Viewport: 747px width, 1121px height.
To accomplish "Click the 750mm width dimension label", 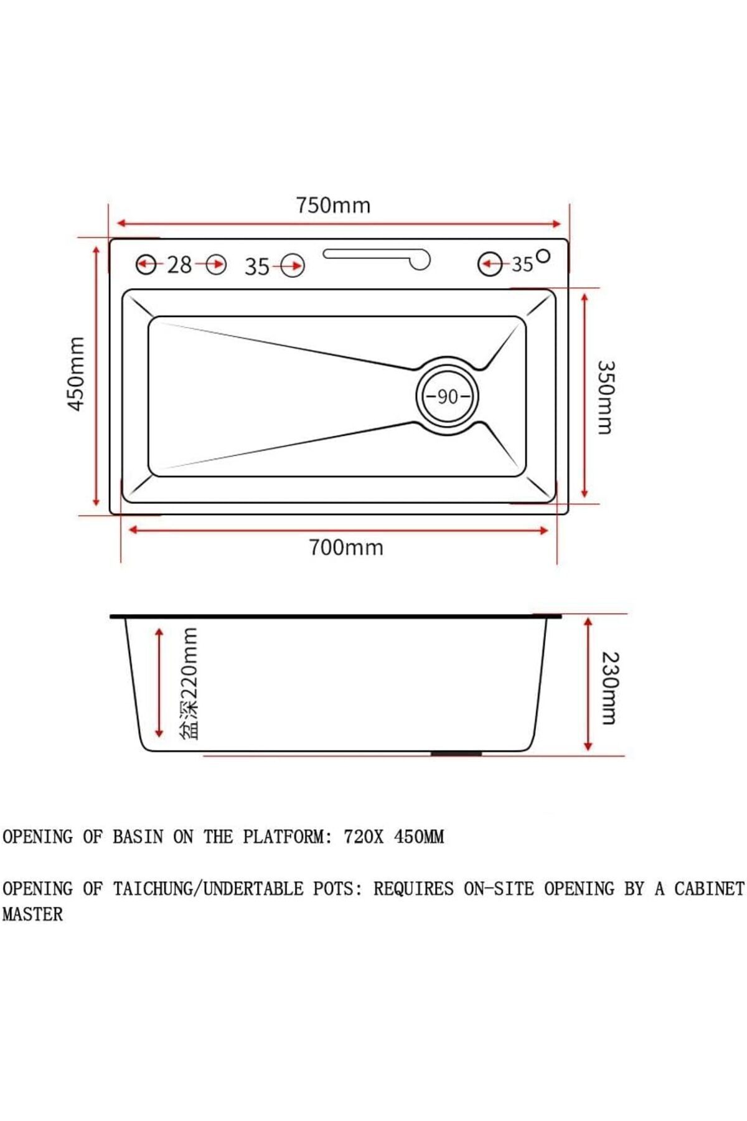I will (x=333, y=206).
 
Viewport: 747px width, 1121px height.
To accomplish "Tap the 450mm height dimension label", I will (x=76, y=374).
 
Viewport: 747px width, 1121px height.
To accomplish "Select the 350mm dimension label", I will (x=606, y=397).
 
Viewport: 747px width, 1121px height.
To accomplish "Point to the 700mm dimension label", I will (x=346, y=547).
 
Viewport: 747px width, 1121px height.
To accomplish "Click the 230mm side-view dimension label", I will (x=609, y=688).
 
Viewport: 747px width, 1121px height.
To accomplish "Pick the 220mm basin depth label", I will (x=189, y=683).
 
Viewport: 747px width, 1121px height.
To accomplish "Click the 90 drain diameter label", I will (x=448, y=397).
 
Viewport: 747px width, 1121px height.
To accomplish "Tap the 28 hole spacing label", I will (x=179, y=265).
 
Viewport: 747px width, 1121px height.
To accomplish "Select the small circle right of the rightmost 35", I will (x=543, y=255).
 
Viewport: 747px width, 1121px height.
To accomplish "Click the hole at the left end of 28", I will (x=146, y=265).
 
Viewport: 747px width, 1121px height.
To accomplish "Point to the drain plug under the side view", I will (x=456, y=754).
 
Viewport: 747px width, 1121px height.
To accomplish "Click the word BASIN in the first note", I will (x=138, y=837).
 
